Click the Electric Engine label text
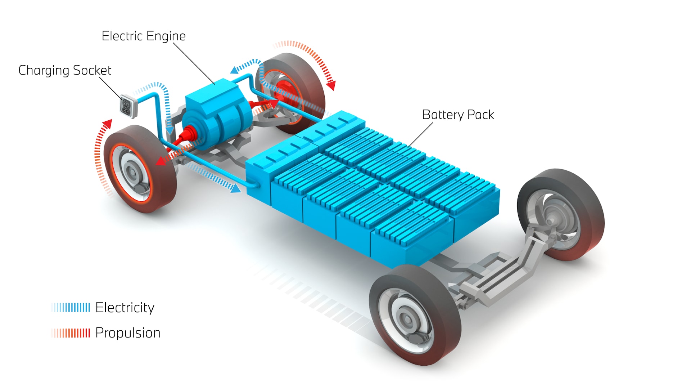(x=144, y=36)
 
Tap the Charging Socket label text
(x=65, y=71)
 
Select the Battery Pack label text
(x=458, y=115)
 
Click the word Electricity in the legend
(x=125, y=308)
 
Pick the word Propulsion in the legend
(x=128, y=333)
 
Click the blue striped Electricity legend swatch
(x=71, y=308)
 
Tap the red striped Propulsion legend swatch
(x=71, y=333)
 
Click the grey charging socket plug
(x=127, y=106)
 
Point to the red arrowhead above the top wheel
(x=331, y=86)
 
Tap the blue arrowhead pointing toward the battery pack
(x=236, y=188)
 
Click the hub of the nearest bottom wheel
(x=407, y=319)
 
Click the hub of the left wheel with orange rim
(x=132, y=172)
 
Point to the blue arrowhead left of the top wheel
(x=234, y=70)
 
